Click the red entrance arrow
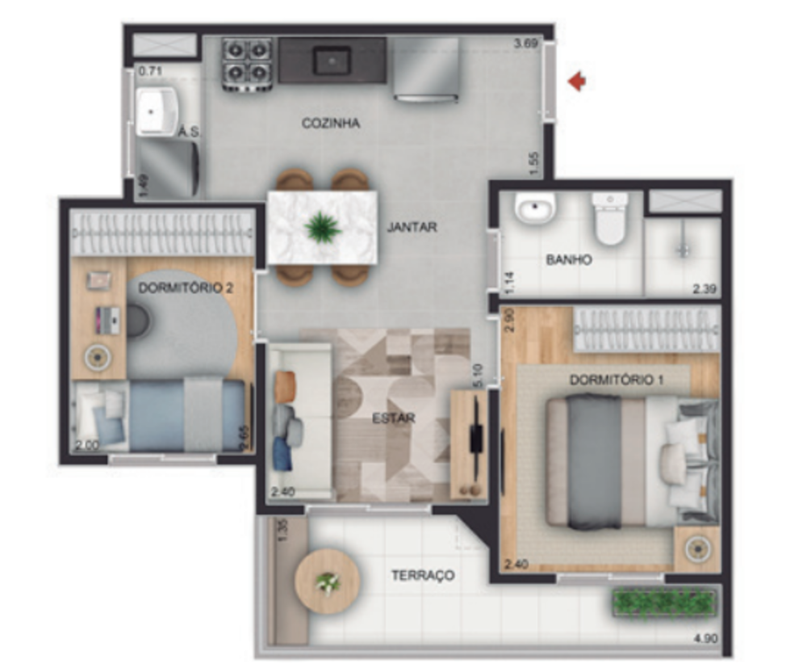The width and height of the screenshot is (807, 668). point(576,81)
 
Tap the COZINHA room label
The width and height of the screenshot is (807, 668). point(330,124)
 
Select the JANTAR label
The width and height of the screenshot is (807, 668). point(412,227)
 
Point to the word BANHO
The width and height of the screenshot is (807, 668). point(569,260)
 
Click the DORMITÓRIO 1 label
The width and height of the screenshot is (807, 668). point(616,379)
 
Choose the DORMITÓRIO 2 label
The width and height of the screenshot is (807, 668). point(186,288)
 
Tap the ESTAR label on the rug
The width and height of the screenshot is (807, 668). point(393,418)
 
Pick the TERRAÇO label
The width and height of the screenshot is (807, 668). point(422,576)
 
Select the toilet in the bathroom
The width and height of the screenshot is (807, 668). point(609,219)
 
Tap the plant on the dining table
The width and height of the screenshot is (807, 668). point(323,227)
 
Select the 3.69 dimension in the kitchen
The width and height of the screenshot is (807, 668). point(525,44)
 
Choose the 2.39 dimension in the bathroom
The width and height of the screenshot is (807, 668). point(704,288)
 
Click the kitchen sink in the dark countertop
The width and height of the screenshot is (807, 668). point(332,61)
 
